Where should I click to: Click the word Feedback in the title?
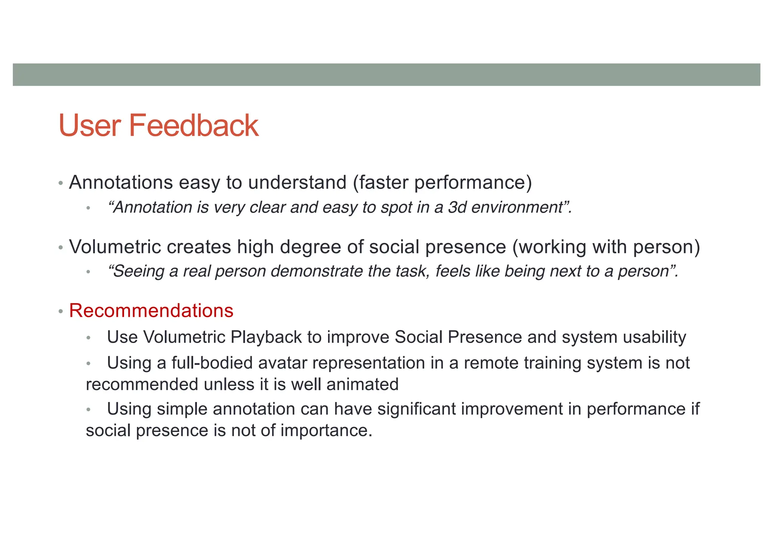193,126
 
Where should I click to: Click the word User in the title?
90,126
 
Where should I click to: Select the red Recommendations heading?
151,311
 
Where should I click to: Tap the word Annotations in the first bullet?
121,182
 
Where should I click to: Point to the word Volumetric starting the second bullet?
115,247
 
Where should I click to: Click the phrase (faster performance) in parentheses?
442,182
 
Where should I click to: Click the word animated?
362,385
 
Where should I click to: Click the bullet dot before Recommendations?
60,312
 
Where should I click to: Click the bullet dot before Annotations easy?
60,184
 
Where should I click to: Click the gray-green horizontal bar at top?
386,75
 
